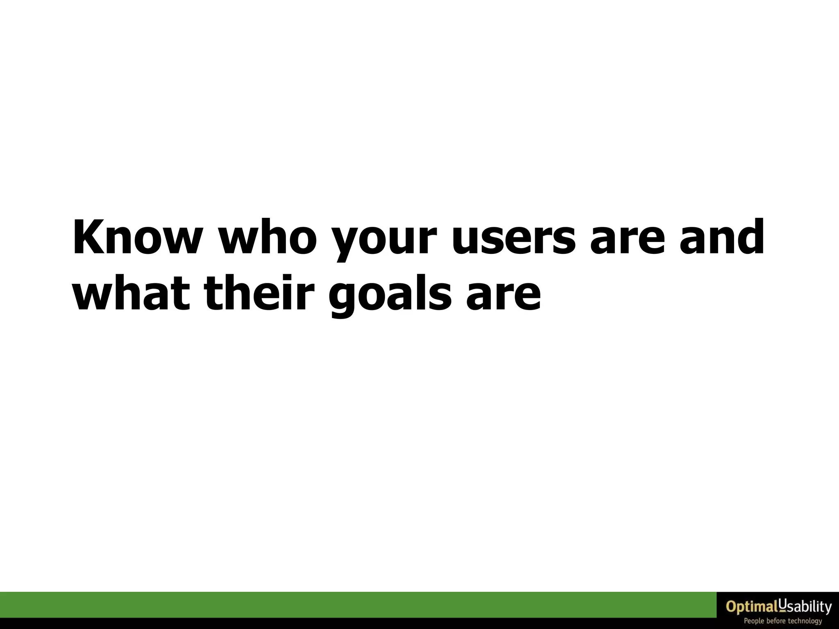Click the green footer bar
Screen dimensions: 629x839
click(x=356, y=604)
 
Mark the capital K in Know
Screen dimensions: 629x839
click(x=88, y=238)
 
